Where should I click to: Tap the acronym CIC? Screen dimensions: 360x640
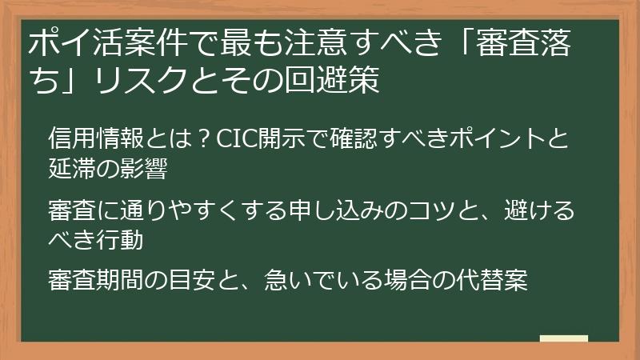(233, 138)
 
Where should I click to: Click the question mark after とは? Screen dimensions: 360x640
(203, 138)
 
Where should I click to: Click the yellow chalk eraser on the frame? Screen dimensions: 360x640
(564, 339)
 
